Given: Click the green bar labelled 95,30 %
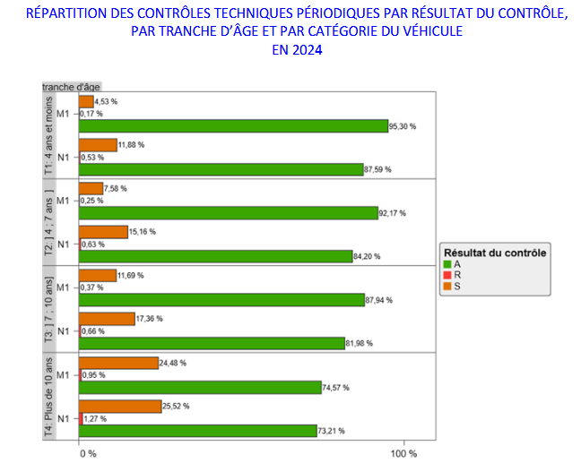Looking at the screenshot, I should pyautogui.click(x=233, y=126).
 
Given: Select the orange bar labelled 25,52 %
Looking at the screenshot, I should pyautogui.click(x=120, y=406).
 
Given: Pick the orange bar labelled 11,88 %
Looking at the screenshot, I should pyautogui.click(x=98, y=145).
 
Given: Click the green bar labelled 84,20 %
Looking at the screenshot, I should pyautogui.click(x=215, y=256).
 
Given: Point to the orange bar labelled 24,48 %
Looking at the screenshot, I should pyautogui.click(x=118, y=363).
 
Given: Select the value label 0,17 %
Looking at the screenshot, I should pyautogui.click(x=91, y=114).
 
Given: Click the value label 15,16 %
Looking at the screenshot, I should pyautogui.click(x=143, y=231).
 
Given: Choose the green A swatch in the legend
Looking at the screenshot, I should pyautogui.click(x=447, y=264).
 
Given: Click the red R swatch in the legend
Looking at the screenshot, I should pyautogui.click(x=447, y=275).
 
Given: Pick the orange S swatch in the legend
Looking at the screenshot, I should pyautogui.click(x=447, y=286).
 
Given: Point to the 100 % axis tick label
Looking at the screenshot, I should pyautogui.click(x=402, y=454).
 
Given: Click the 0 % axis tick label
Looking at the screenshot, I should pyautogui.click(x=87, y=454).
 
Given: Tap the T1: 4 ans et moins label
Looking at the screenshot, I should pyautogui.click(x=49, y=134).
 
